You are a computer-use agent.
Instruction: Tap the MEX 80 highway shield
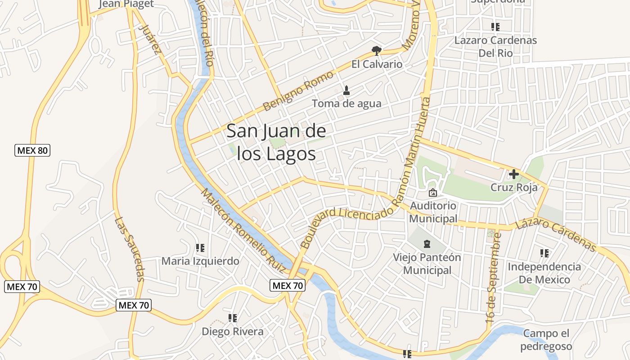click(32, 150)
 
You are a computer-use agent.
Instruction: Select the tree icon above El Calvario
click(377, 50)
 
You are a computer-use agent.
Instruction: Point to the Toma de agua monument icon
click(346, 90)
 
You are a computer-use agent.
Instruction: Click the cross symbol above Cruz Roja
click(514, 174)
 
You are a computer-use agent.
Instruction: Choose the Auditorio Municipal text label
click(433, 212)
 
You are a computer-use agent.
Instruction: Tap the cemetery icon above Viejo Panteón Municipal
click(427, 244)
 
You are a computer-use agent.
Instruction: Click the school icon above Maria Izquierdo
click(200, 248)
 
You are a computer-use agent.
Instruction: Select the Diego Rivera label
click(233, 332)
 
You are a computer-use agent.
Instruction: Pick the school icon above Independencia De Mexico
click(544, 253)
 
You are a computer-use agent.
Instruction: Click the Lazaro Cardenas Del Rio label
click(495, 46)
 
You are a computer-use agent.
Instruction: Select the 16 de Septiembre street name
click(494, 278)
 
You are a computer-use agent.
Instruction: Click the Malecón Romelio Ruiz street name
click(243, 230)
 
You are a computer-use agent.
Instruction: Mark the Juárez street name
click(150, 39)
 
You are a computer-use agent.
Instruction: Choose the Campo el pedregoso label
click(546, 340)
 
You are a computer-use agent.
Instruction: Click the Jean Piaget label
click(126, 4)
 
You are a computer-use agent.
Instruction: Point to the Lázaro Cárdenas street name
click(556, 234)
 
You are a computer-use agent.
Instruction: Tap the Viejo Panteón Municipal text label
click(427, 264)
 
